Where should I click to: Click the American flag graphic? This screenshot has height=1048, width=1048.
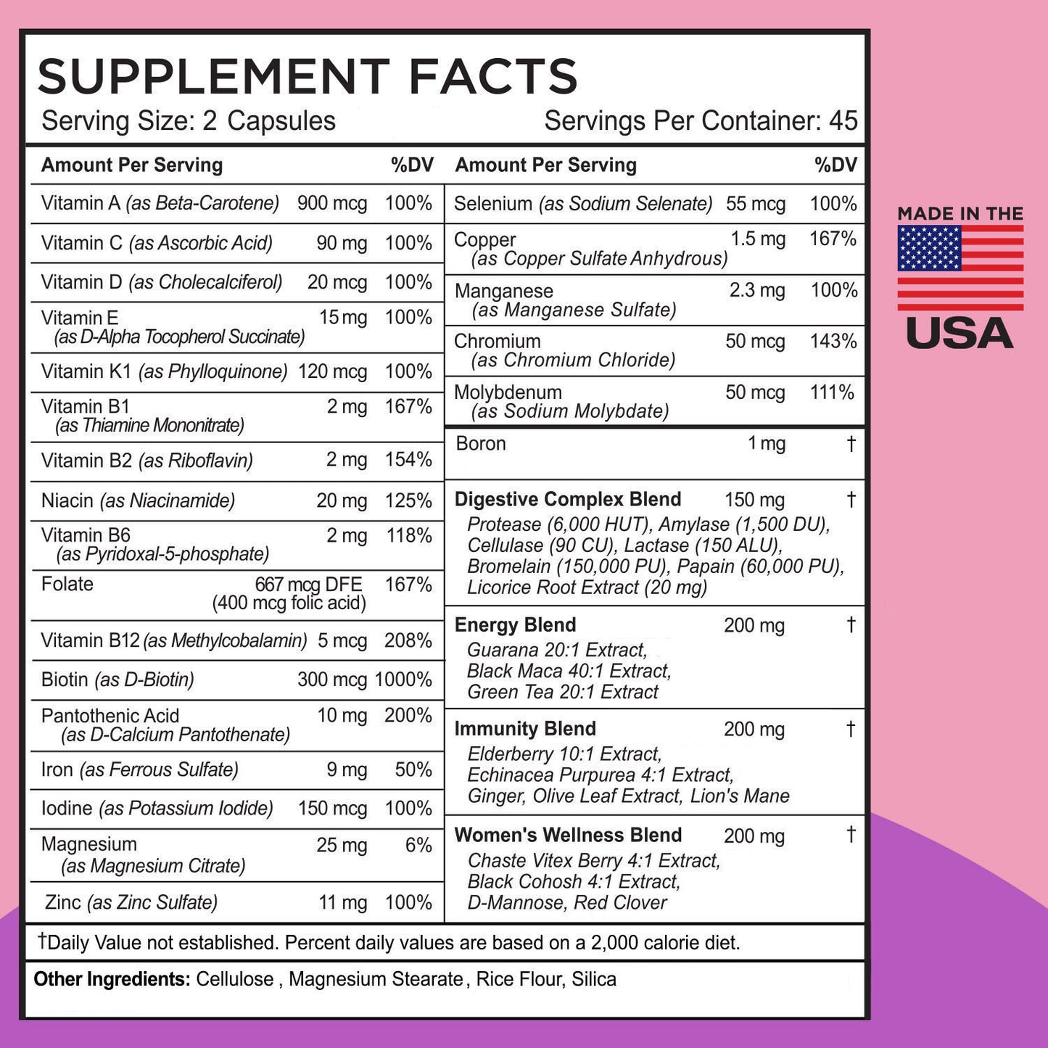(960, 268)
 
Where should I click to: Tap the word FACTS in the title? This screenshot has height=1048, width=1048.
(492, 76)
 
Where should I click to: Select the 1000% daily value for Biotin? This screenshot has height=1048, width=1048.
(403, 680)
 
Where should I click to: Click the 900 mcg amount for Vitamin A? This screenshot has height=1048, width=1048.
(332, 203)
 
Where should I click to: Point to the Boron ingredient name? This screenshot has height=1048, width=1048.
(480, 443)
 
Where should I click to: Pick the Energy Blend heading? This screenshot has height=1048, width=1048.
(515, 624)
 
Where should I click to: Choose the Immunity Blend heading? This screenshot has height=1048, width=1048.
(525, 728)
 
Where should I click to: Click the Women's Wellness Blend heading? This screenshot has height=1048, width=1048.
(568, 835)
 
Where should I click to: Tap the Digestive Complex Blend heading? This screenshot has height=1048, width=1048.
(567, 499)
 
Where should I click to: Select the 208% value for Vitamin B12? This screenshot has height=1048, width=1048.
(408, 640)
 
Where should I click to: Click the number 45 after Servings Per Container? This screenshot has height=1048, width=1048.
(843, 120)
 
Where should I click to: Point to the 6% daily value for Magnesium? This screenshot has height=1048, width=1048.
(418, 845)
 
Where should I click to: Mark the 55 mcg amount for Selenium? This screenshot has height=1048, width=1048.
(756, 204)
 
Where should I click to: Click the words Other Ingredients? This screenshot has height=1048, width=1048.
(112, 979)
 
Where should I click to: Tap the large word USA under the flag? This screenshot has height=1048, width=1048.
(960, 334)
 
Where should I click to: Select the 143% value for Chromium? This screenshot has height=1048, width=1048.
(833, 341)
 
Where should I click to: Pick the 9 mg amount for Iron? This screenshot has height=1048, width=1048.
(347, 770)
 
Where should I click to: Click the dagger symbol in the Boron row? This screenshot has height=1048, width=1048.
(851, 443)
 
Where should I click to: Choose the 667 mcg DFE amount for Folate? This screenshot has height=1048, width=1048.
(308, 585)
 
